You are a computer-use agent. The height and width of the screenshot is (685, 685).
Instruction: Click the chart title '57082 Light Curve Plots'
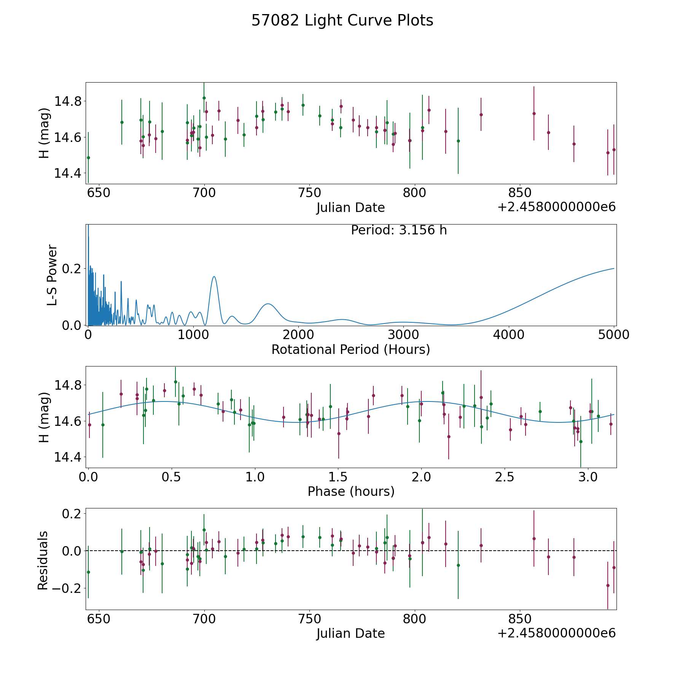tap(342, 21)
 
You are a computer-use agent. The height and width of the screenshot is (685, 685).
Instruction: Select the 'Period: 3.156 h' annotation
tap(399, 230)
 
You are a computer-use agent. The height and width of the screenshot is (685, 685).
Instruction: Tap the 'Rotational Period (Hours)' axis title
tap(350, 349)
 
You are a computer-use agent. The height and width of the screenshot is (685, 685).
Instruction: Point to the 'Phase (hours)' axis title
tap(351, 491)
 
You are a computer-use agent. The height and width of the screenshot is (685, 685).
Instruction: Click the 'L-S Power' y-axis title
tap(52, 275)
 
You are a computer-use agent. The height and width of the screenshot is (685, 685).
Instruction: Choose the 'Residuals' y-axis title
tap(43, 560)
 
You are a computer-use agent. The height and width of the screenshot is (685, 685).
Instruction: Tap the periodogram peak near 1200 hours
tap(214, 276)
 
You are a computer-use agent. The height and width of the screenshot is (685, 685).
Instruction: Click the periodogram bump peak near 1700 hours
tap(268, 304)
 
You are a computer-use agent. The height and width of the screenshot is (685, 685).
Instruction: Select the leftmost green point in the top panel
tap(88, 158)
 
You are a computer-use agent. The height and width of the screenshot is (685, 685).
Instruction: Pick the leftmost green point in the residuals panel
tap(88, 572)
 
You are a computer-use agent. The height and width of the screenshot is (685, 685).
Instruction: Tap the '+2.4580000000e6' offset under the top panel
tap(556, 207)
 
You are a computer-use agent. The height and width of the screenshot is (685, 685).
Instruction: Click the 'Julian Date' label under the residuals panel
tap(350, 633)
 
